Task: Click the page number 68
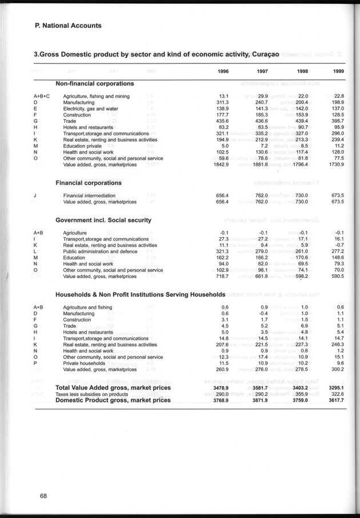[x=43, y=495]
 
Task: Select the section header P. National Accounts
[x=68, y=26]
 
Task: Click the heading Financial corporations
[x=88, y=183]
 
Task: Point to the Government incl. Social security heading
[x=103, y=220]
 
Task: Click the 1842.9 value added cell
[x=220, y=164]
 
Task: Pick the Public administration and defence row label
[x=100, y=251]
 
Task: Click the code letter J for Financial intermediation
[x=35, y=195]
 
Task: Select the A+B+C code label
[x=42, y=96]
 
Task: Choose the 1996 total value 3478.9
[x=220, y=388]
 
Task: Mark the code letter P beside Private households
[x=35, y=363]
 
